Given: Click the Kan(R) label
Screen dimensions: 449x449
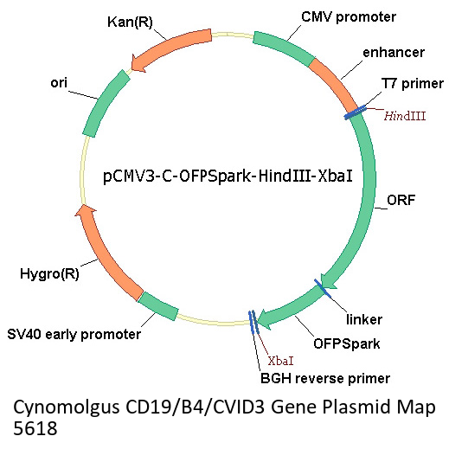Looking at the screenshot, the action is point(130,22).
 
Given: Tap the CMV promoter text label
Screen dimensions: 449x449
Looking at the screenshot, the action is point(349,16).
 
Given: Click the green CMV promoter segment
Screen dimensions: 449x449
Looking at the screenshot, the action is point(284,48).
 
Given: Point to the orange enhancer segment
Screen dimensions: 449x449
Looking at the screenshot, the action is point(336,83).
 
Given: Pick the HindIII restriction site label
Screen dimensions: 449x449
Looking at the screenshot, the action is point(405,116).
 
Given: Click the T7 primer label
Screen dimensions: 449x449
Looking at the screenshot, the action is point(413,84).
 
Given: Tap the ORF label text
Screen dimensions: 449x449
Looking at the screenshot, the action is point(401,200).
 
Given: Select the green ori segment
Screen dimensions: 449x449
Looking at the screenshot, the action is point(105,101).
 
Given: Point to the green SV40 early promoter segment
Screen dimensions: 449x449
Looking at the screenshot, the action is point(157,306).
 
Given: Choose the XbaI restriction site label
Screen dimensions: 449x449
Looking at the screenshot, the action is point(280,361).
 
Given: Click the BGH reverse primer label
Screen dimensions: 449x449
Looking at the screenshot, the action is point(325,378).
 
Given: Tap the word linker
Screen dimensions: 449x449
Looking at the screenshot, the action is point(364,319).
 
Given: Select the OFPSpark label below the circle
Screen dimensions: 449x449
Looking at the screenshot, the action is point(347,343).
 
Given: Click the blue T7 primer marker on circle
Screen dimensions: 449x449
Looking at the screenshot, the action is point(355,112).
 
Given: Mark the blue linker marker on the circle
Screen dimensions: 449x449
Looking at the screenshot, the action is point(323,287).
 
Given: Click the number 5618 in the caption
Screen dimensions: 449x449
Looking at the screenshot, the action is point(35,428).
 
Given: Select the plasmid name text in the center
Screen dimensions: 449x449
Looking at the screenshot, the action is point(228,176).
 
